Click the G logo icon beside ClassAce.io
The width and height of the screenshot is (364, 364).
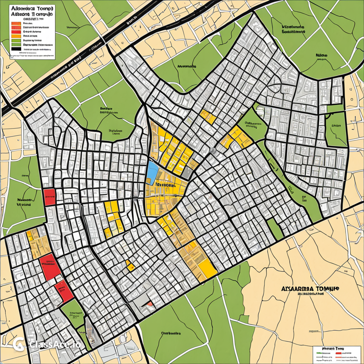18,344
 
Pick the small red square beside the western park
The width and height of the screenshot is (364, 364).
49,197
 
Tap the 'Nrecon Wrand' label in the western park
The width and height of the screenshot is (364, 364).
24,202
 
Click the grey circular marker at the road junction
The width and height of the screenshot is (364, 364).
213,151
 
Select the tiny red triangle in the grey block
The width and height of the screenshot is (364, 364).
150,304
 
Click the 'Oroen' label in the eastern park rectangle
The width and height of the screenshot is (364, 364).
336,125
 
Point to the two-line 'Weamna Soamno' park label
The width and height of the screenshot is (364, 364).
294,29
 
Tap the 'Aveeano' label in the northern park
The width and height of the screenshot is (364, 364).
187,66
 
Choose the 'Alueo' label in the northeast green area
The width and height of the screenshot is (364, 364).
321,56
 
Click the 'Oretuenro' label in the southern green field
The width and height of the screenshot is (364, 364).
171,333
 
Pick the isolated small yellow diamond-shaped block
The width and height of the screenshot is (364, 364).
130,265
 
